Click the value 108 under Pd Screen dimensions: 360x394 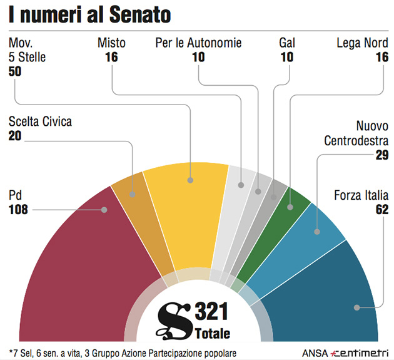tap(20, 210)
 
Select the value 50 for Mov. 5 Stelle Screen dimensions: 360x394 tap(15, 71)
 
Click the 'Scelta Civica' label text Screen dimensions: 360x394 tap(40, 121)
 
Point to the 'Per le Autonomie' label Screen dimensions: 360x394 tap(198, 43)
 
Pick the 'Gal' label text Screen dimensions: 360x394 tap(286, 43)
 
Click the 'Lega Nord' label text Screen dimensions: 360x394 tap(362, 43)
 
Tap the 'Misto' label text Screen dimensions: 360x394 tap(112, 43)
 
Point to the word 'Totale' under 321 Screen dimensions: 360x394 tap(212, 332)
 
